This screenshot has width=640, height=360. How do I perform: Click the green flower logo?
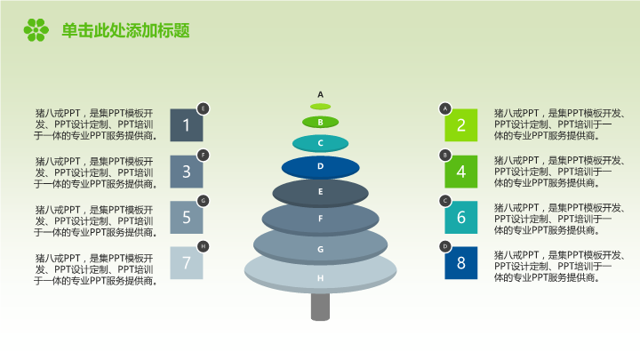[36, 30]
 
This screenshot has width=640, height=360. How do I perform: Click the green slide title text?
[125, 30]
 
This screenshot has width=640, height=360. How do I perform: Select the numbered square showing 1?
[186, 125]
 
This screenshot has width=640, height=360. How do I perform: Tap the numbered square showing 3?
[186, 172]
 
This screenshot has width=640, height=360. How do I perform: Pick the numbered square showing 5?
[186, 217]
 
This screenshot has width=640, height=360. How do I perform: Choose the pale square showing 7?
[186, 263]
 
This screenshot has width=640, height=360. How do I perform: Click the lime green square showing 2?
[460, 125]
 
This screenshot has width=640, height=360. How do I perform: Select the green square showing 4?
[460, 172]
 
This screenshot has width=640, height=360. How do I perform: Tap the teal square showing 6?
[460, 217]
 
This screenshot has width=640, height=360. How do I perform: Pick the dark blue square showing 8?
[460, 263]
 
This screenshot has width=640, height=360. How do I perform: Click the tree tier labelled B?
[320, 122]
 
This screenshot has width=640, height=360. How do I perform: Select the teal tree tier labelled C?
[320, 143]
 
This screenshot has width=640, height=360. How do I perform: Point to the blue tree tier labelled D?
[320, 167]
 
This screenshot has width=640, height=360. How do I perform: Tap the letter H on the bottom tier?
[320, 278]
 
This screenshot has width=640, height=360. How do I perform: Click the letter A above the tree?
[320, 95]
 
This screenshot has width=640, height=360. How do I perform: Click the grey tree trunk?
[320, 307]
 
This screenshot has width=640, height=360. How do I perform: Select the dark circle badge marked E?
[204, 108]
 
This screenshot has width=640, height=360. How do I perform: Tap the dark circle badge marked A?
[445, 108]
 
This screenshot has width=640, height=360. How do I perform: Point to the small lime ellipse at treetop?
[320, 107]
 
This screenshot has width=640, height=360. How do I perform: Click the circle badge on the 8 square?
[445, 246]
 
